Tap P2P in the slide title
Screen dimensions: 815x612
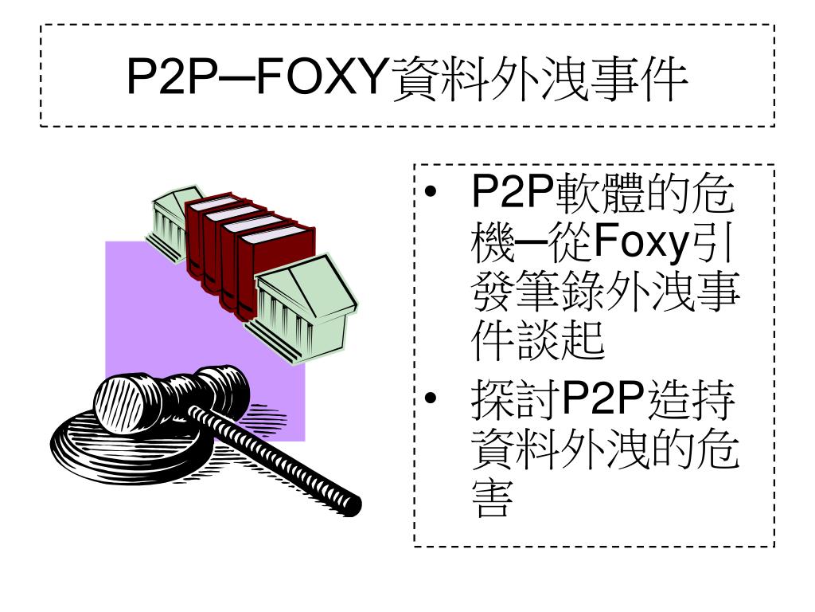tap(172, 77)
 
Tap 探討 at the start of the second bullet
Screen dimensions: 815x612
tap(515, 400)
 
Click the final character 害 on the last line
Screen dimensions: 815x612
tap(492, 497)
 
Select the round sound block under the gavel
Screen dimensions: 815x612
tap(130, 445)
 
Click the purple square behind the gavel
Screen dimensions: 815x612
tap(156, 312)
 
